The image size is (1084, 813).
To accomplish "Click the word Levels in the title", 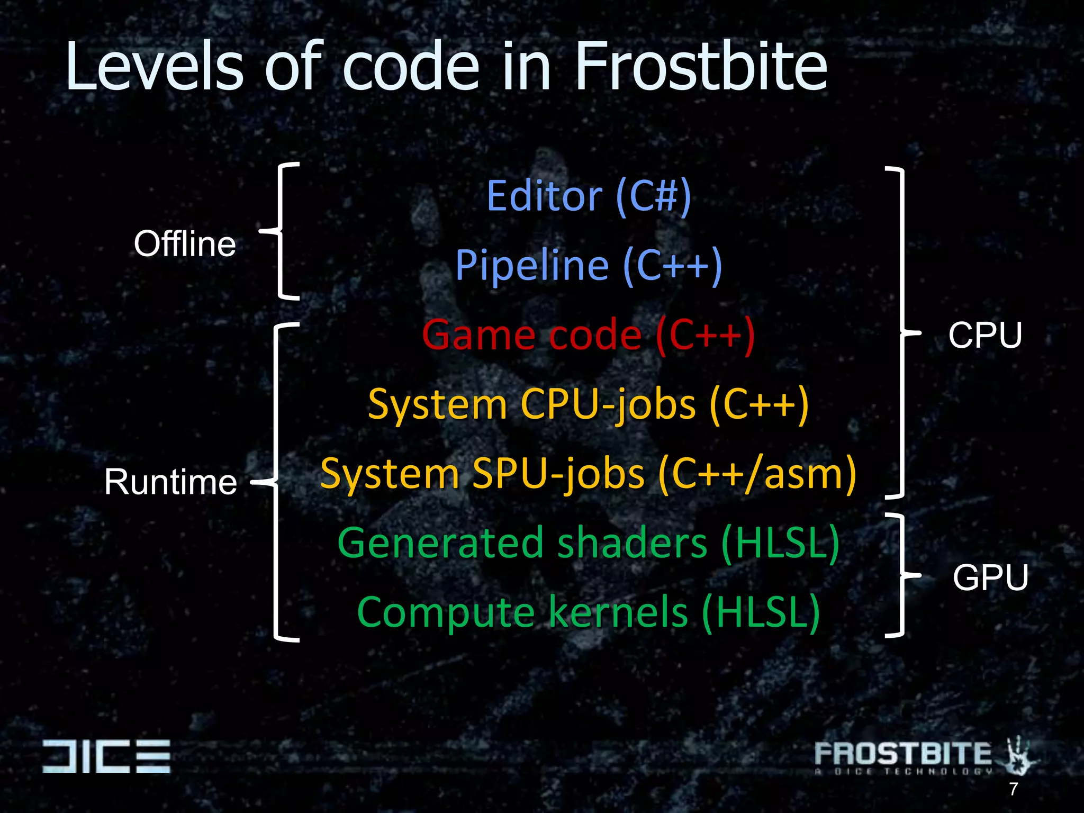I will pos(154,67).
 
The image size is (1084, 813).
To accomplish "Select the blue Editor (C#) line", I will pos(589,196).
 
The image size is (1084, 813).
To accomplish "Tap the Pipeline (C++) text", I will pos(589,265).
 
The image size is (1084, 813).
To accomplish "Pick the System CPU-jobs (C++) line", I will pos(588,404).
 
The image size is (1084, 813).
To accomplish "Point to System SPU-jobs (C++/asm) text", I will pos(588,474).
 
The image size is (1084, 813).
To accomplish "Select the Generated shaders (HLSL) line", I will pos(588,543).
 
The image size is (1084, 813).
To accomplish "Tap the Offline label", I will pos(185,244).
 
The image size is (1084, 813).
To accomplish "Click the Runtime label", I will pos(170,482).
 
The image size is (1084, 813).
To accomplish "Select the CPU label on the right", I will pos(984,335).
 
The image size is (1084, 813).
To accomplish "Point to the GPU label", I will pos(990,577).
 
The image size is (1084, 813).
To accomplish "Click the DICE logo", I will pos(106,756).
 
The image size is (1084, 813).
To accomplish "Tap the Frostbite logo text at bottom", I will pos(903,754).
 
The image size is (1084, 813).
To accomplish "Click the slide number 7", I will pos(1013,789).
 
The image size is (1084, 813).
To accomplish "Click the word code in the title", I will pos(411,67).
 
